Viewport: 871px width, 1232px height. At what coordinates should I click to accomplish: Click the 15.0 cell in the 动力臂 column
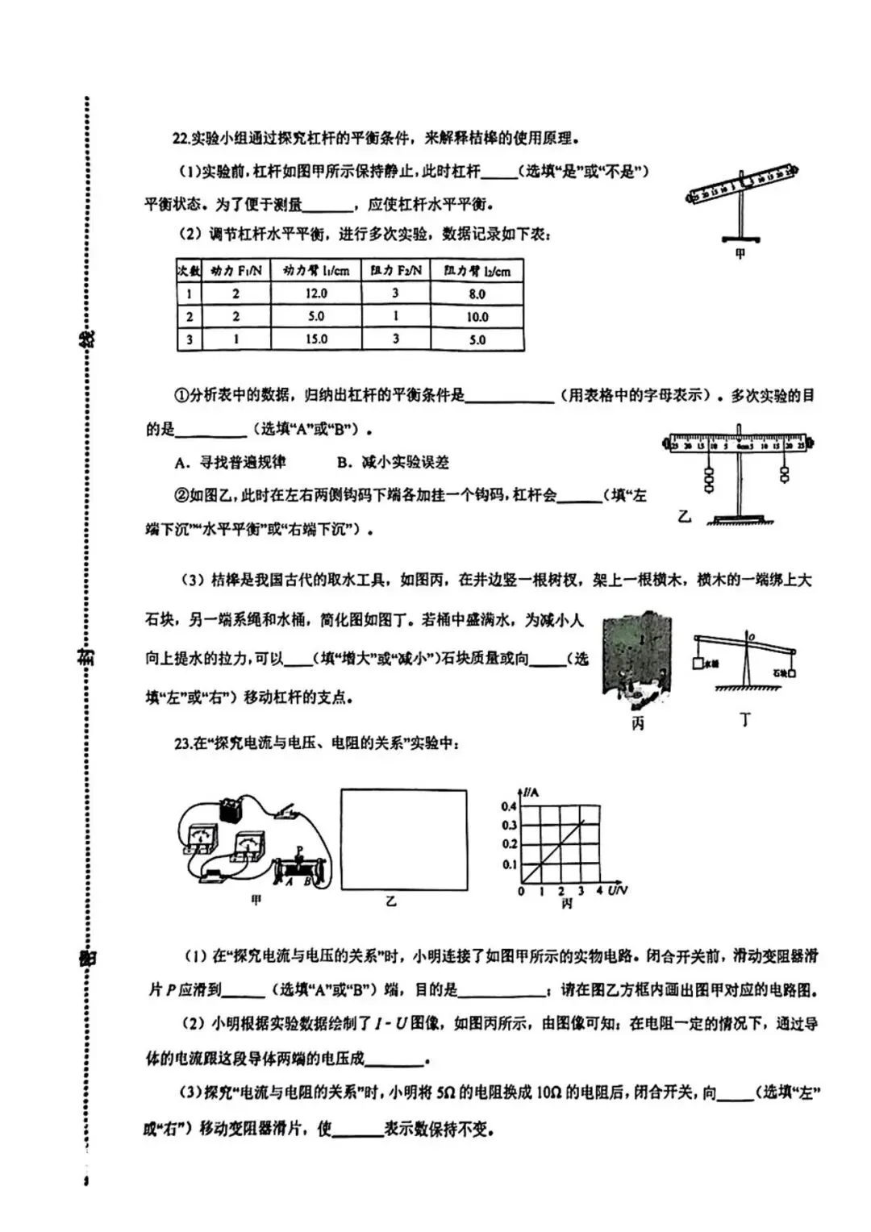[316, 339]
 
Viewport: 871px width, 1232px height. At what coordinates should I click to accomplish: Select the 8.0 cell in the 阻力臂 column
[477, 294]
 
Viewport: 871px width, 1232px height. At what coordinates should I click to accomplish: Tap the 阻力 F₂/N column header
[395, 271]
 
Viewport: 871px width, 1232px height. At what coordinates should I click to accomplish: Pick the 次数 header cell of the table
[189, 270]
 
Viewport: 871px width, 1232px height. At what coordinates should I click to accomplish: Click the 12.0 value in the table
[316, 294]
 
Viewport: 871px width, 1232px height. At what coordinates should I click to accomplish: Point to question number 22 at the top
[181, 139]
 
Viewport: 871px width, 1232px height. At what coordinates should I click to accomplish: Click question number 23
[181, 743]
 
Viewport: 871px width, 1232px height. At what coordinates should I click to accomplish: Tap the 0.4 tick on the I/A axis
[509, 806]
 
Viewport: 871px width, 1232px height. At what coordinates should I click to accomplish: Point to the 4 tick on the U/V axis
[599, 891]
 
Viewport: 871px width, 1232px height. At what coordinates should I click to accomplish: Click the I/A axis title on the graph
[531, 793]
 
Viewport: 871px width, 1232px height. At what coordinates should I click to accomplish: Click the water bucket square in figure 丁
[698, 664]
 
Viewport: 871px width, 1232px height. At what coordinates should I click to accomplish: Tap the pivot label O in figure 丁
[750, 637]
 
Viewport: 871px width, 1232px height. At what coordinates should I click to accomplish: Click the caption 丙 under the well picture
[638, 723]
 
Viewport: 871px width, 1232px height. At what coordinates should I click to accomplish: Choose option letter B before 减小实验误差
[342, 463]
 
